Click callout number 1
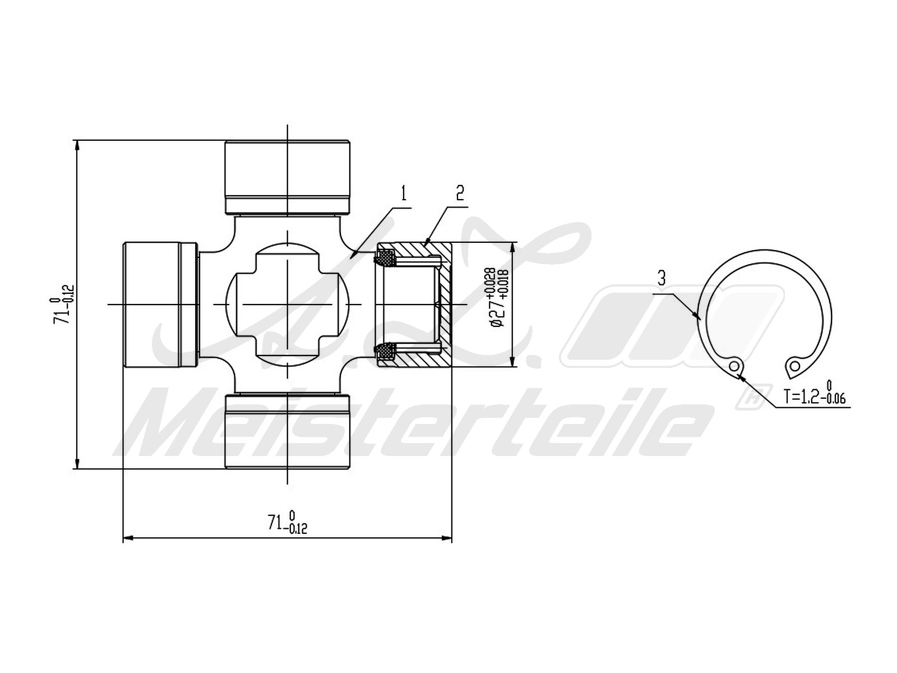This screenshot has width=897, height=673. pyautogui.click(x=404, y=193)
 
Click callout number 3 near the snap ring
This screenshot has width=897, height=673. pyautogui.click(x=662, y=278)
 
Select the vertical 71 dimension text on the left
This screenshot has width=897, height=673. pyautogui.click(x=63, y=305)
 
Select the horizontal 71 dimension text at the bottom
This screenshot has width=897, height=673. pyautogui.click(x=287, y=522)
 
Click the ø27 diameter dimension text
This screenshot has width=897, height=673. pyautogui.click(x=499, y=297)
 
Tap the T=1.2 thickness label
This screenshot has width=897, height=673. pyautogui.click(x=814, y=394)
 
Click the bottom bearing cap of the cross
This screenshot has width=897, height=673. pyautogui.click(x=288, y=431)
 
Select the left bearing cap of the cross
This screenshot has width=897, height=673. pyautogui.click(x=160, y=305)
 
